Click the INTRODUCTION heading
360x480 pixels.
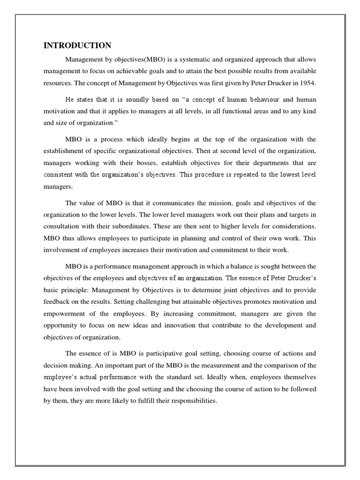pyautogui.click(x=77, y=45)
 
